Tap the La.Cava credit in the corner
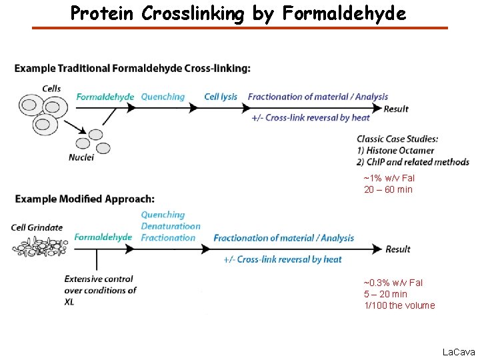click(458, 351)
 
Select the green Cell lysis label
click(221, 97)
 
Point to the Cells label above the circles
click(51, 88)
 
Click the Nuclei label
click(81, 157)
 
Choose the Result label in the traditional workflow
click(396, 109)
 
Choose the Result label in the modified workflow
click(398, 249)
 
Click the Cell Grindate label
click(37, 227)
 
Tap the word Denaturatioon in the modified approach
click(170, 226)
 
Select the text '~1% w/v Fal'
click(389, 178)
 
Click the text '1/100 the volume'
click(399, 305)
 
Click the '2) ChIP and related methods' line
click(413, 162)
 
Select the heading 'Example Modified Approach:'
click(85, 199)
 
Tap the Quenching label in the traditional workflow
click(163, 97)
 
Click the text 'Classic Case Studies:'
click(397, 139)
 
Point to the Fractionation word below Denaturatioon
click(168, 237)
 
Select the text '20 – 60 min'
click(388, 189)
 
